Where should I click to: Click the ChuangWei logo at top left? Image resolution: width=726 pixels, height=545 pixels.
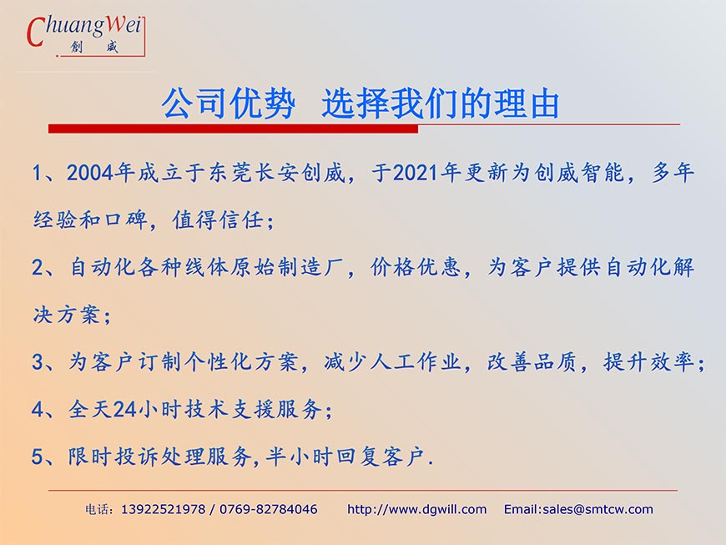pyautogui.click(x=86, y=36)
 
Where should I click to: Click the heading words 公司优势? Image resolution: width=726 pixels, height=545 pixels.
pyautogui.click(x=229, y=103)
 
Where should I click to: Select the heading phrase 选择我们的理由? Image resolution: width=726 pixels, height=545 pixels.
pyautogui.click(x=441, y=103)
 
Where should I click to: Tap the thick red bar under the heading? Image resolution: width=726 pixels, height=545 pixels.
pyautogui.click(x=233, y=129)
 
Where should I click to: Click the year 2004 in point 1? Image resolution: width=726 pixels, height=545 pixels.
pyautogui.click(x=90, y=173)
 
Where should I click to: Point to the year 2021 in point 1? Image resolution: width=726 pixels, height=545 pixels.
pyautogui.click(x=416, y=173)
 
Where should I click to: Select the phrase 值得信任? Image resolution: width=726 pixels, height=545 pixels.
pyautogui.click(x=218, y=220)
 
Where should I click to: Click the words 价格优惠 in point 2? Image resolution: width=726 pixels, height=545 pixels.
pyautogui.click(x=416, y=268)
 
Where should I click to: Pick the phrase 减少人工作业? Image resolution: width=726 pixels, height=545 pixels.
pyautogui.click(x=392, y=362)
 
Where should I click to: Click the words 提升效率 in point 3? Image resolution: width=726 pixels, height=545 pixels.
pyautogui.click(x=648, y=362)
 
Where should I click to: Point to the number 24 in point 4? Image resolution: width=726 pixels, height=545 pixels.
pyautogui.click(x=124, y=410)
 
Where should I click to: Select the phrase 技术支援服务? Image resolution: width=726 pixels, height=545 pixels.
pyautogui.click(x=254, y=410)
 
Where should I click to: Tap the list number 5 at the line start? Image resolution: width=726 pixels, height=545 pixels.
pyautogui.click(x=37, y=457)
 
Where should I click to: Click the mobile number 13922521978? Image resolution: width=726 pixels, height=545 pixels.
pyautogui.click(x=163, y=510)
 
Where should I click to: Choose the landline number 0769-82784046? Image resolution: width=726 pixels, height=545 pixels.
pyautogui.click(x=269, y=510)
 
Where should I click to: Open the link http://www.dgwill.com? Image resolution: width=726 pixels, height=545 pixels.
pyautogui.click(x=416, y=510)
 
